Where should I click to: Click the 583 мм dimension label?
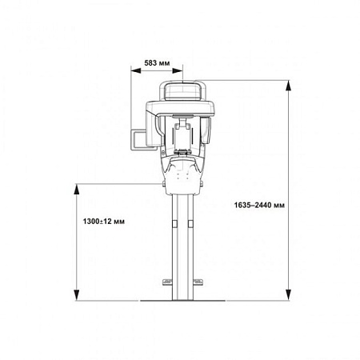coord(157,63)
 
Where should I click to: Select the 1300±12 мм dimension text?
coord(103,222)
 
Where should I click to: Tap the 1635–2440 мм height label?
coord(259,205)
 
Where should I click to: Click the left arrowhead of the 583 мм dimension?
coord(136,70)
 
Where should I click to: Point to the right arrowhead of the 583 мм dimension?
coord(178,70)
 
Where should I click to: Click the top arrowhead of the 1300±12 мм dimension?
coord(77,189)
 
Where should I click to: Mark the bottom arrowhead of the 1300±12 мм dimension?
coord(77,295)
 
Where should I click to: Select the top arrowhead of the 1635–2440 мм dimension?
coord(288,86)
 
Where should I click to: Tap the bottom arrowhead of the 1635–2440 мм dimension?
coord(288,295)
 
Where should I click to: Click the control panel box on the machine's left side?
coord(138,140)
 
